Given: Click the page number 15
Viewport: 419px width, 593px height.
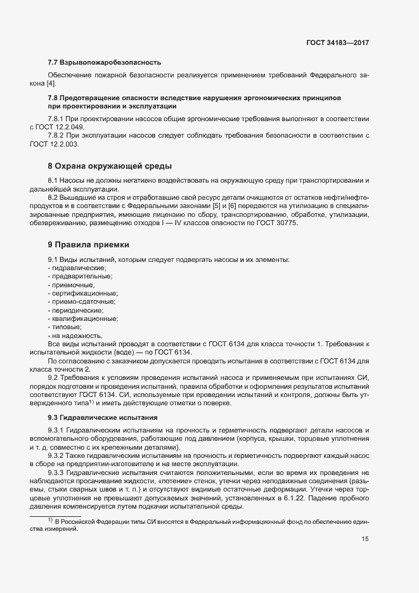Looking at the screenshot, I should click(364, 539).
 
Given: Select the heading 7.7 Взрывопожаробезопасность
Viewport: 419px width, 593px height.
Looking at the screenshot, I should click(105, 62).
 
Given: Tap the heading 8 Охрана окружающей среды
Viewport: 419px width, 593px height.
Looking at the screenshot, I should click(110, 166).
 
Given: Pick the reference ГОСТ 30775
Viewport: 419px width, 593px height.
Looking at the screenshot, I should click(276, 223).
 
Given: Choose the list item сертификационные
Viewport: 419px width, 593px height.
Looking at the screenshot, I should click(85, 294).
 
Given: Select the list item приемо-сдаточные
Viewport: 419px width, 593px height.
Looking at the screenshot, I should click(84, 302).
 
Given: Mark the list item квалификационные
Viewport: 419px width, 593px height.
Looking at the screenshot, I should click(85, 319).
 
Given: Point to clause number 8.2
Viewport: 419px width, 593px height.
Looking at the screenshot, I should click(54, 198).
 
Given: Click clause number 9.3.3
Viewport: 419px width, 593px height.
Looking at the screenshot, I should click(58, 472).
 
